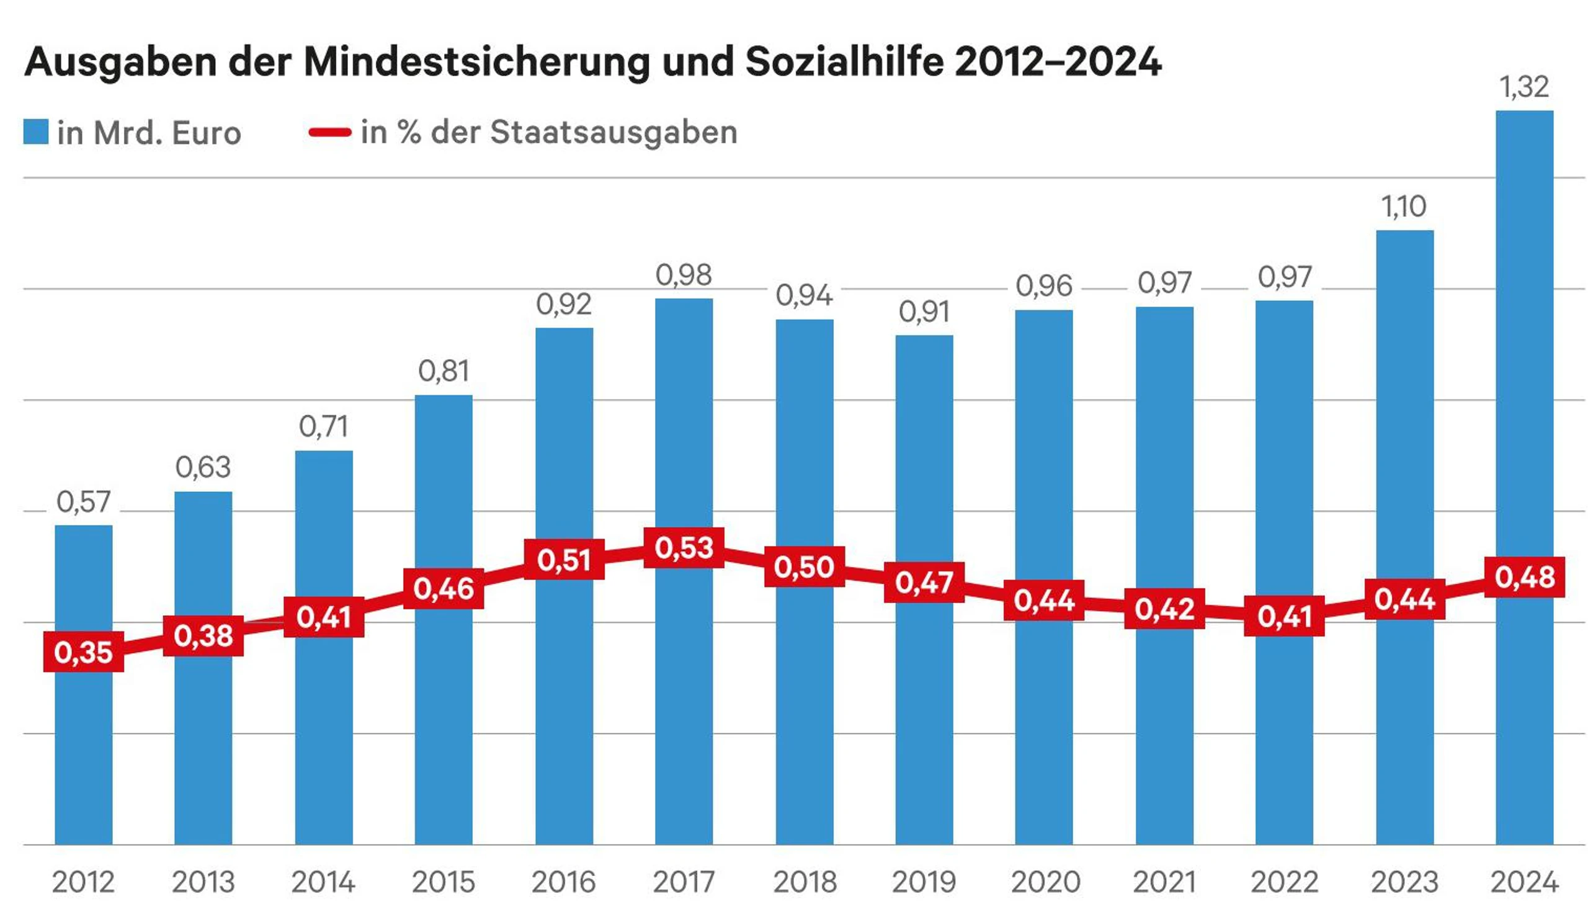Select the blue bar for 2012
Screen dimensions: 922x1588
[83, 756]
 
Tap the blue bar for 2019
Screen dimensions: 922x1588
[924, 725]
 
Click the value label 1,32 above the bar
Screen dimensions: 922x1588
[1523, 87]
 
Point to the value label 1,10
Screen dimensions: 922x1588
[1403, 207]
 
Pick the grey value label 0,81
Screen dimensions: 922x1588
[443, 370]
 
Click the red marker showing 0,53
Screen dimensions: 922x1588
[684, 548]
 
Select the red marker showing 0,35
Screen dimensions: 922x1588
[83, 651]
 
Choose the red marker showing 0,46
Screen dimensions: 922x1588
[443, 588]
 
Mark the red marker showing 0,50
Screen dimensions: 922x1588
[804, 566]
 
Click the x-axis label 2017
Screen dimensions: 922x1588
[684, 882]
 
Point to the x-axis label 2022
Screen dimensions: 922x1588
[1283, 882]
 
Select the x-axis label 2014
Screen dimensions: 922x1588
[323, 882]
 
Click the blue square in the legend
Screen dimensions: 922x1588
[36, 131]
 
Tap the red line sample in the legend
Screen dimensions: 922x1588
[329, 132]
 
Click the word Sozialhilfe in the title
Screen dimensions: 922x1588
[844, 62]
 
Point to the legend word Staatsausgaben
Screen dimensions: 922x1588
[613, 132]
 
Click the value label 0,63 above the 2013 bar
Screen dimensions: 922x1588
[203, 467]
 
